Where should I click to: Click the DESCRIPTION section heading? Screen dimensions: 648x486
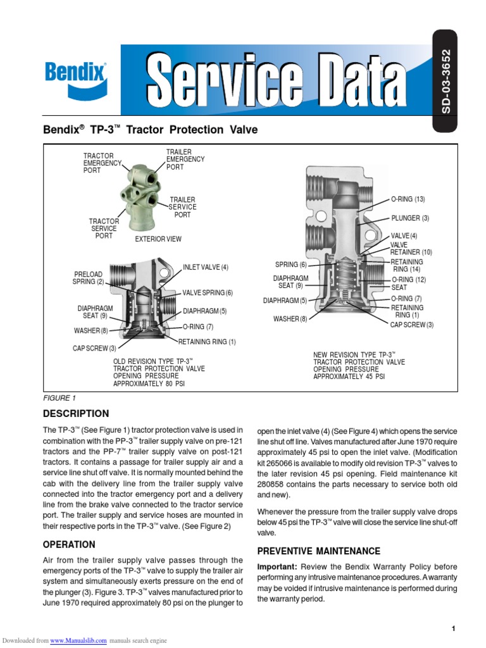pyautogui.click(x=75, y=414)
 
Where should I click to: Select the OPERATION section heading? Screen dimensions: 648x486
pyautogui.click(x=69, y=544)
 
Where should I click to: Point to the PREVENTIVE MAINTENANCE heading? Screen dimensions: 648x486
pyautogui.click(x=319, y=551)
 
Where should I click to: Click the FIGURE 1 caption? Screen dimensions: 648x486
pyautogui.click(x=59, y=398)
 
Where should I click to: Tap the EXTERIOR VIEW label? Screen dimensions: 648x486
pyautogui.click(x=158, y=239)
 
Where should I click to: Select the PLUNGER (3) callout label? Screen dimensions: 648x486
pyautogui.click(x=410, y=218)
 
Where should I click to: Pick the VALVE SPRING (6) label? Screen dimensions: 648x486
pyautogui.click(x=208, y=293)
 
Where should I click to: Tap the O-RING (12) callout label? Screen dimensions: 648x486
pyautogui.click(x=409, y=280)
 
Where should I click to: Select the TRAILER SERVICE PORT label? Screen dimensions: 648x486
pyautogui.click(x=182, y=207)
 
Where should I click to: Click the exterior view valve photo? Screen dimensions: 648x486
pyautogui.click(x=142, y=196)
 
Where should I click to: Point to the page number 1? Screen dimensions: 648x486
pyautogui.click(x=454, y=628)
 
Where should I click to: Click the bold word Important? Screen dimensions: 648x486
pyautogui.click(x=277, y=566)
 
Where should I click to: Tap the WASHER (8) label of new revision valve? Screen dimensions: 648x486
pyautogui.click(x=290, y=319)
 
